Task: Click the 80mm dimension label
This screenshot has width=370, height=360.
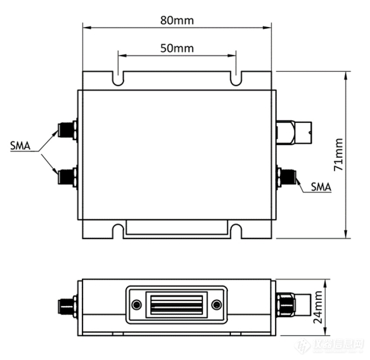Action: (177, 20)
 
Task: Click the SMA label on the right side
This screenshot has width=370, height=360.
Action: (321, 187)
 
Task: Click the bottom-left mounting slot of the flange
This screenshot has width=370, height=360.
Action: (118, 231)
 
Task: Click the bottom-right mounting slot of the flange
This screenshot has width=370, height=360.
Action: (236, 231)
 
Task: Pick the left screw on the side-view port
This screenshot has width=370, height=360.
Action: (137, 305)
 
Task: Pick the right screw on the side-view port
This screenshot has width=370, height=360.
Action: (216, 305)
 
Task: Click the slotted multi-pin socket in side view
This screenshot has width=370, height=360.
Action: (177, 305)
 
